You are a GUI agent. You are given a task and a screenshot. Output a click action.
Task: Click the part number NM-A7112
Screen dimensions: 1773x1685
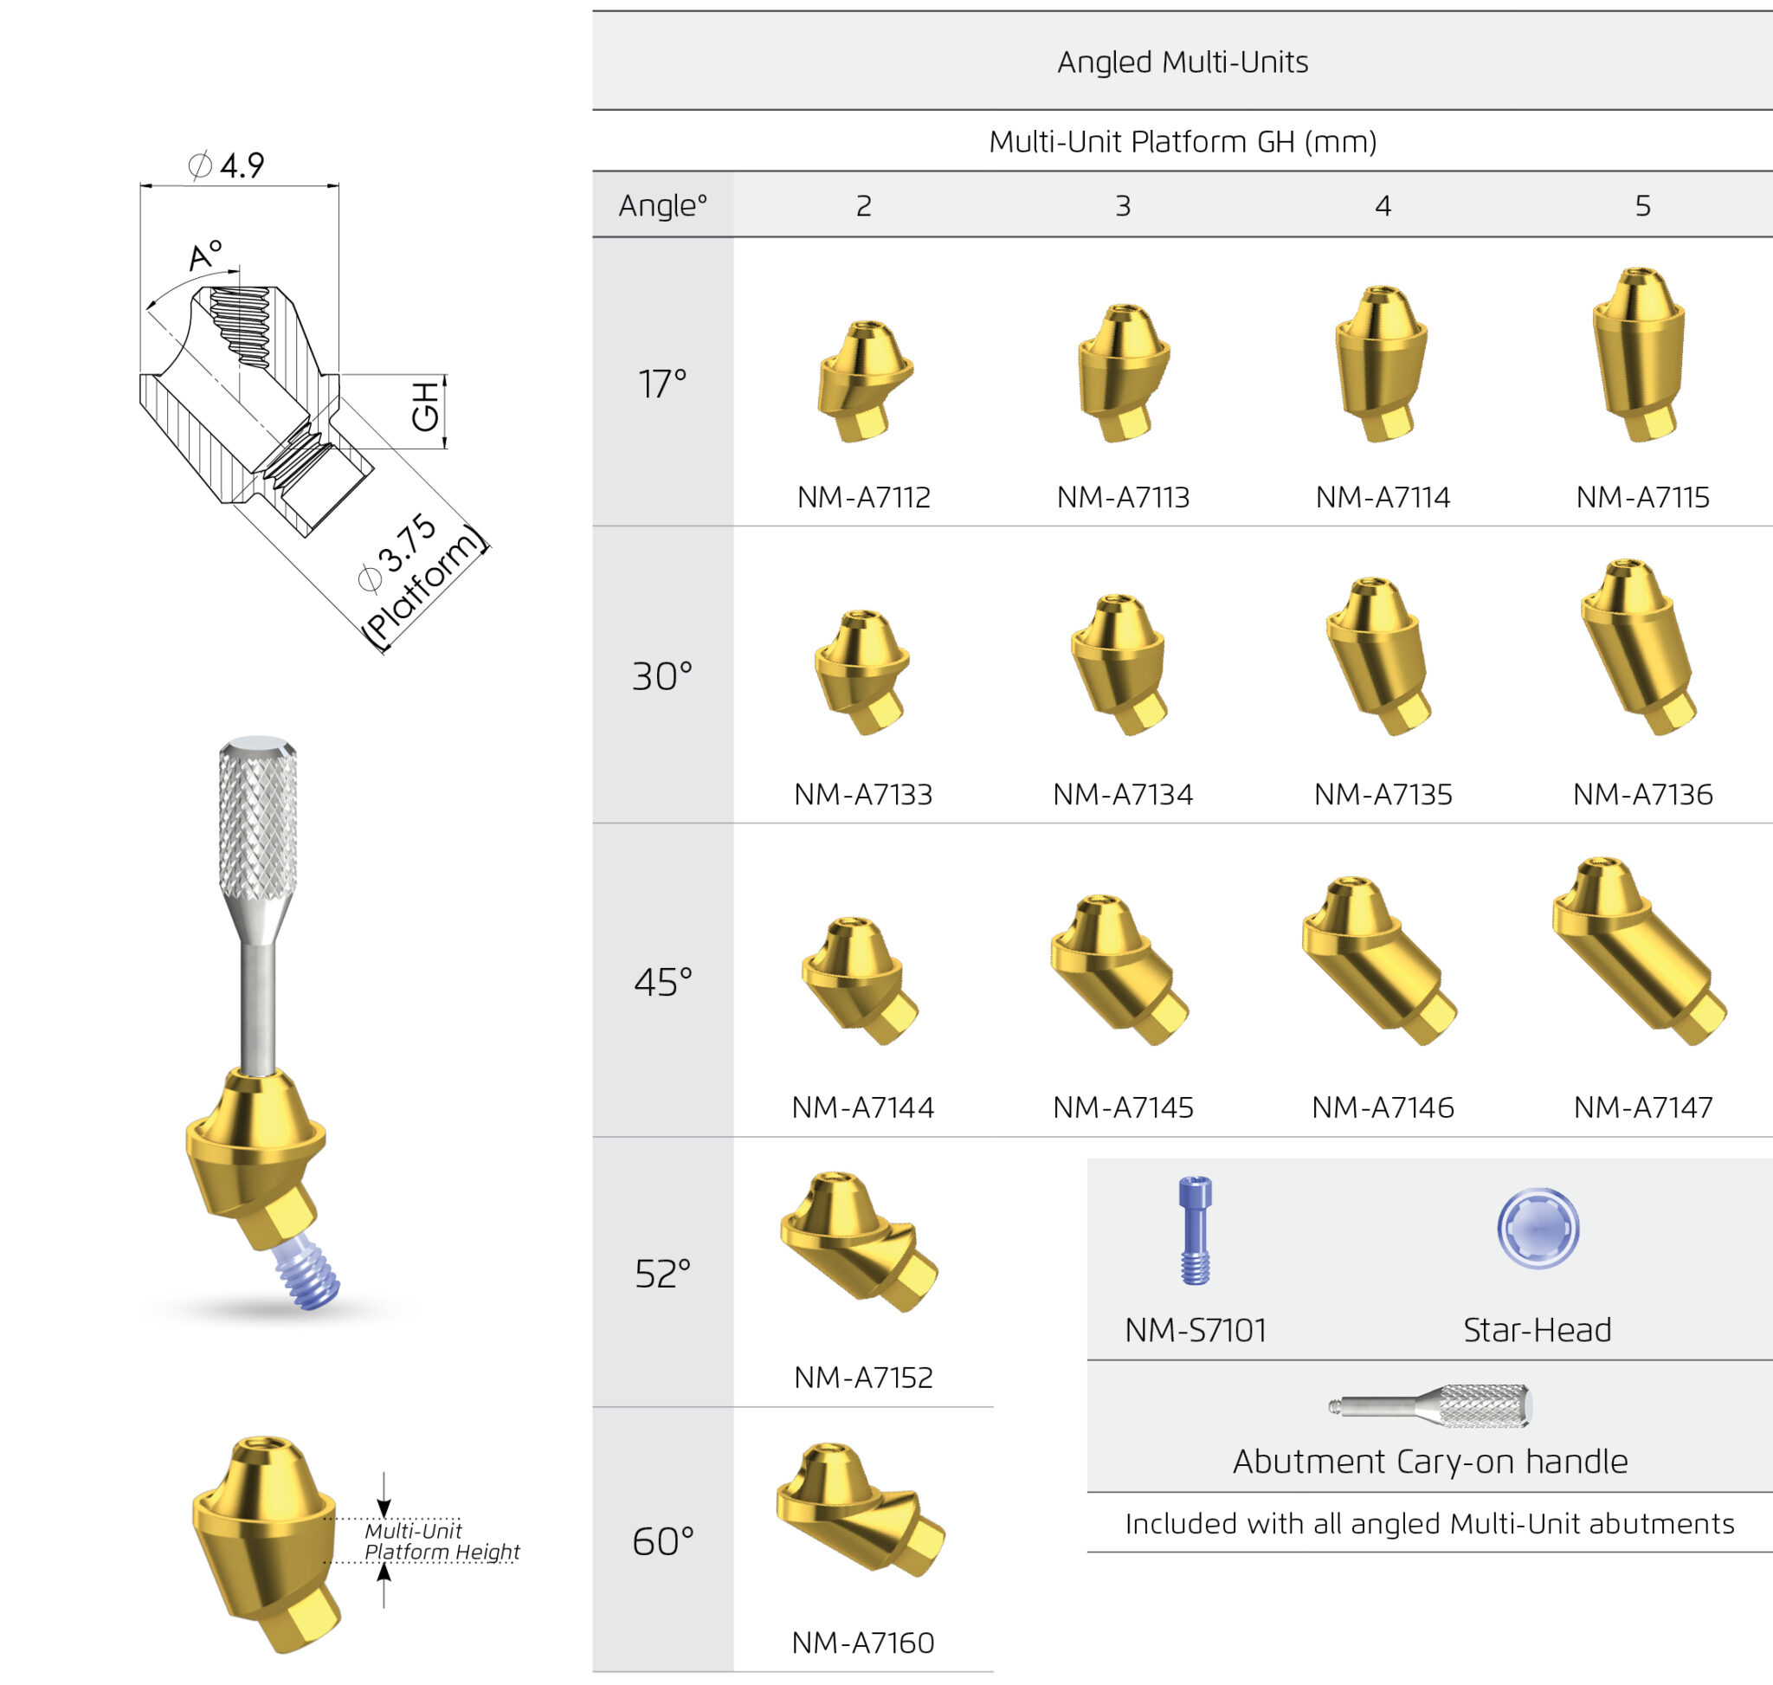point(863,497)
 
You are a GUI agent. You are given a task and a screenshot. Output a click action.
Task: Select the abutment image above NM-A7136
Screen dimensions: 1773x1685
point(1638,647)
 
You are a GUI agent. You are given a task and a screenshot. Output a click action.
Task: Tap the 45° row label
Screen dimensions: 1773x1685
point(663,982)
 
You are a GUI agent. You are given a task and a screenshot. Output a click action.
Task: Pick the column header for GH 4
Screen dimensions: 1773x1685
point(1383,206)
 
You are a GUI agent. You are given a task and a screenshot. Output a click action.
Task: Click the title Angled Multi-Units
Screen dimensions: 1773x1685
point(1182,62)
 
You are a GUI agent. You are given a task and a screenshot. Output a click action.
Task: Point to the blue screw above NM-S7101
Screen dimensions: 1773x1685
point(1195,1230)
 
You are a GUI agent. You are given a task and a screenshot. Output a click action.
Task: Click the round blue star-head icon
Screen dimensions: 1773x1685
point(1538,1228)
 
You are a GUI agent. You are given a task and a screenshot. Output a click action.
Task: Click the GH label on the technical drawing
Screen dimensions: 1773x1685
point(426,406)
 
